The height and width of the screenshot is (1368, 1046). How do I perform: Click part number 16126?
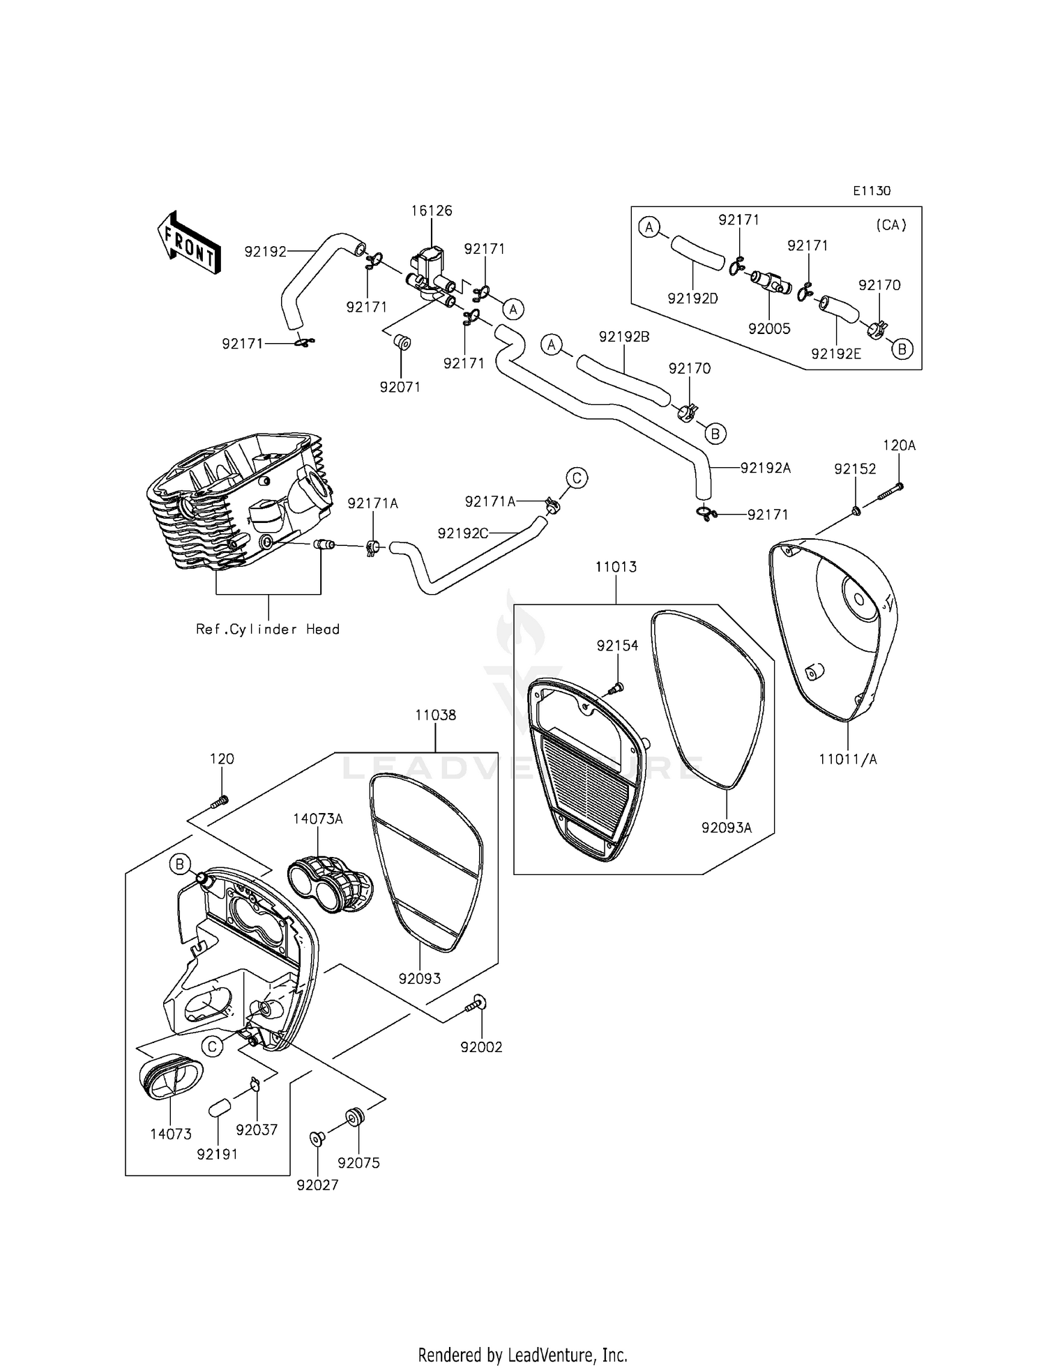pyautogui.click(x=432, y=211)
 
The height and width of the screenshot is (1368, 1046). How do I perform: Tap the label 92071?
pyautogui.click(x=400, y=387)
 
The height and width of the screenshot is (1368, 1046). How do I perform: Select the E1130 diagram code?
pyautogui.click(x=871, y=191)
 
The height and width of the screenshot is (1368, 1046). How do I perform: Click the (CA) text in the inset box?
pyautogui.click(x=890, y=225)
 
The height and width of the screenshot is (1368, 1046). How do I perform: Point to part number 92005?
pyautogui.click(x=769, y=328)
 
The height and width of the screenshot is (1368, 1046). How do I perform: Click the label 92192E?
pyautogui.click(x=836, y=354)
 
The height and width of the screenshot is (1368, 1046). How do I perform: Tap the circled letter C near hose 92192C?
pyautogui.click(x=577, y=478)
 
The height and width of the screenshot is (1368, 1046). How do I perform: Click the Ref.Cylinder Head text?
pyautogui.click(x=268, y=629)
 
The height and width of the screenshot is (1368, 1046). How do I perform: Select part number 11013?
pyautogui.click(x=616, y=567)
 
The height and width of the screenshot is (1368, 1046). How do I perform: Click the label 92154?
pyautogui.click(x=617, y=646)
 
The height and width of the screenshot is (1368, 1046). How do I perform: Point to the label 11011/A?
pyautogui.click(x=848, y=759)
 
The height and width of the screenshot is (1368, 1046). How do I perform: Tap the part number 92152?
pyautogui.click(x=855, y=469)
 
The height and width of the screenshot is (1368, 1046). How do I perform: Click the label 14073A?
pyautogui.click(x=318, y=819)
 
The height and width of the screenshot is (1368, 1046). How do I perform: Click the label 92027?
pyautogui.click(x=317, y=1185)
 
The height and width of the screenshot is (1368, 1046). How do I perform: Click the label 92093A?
pyautogui.click(x=727, y=828)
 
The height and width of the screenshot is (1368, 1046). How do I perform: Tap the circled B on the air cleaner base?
pyautogui.click(x=180, y=865)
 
